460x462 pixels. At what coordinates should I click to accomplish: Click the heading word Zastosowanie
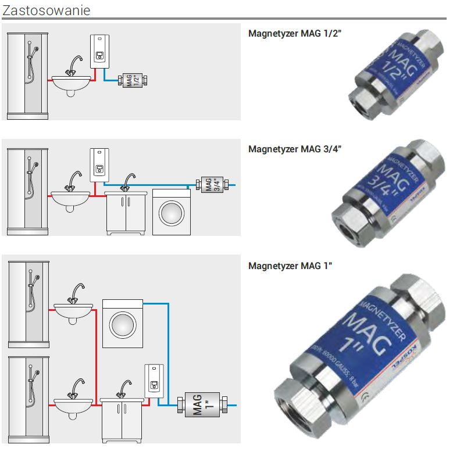coord(46,10)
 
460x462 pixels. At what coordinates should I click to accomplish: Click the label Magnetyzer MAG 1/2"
coord(294,33)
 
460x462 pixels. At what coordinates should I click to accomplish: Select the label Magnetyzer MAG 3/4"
coord(294,149)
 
